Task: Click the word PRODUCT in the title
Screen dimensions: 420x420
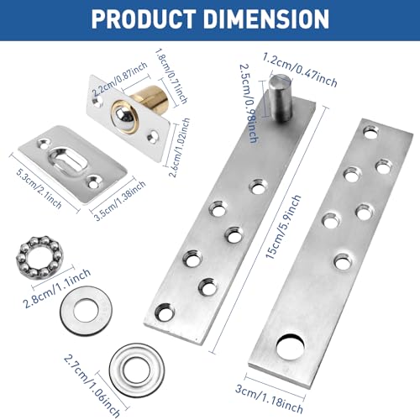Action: pos(144,18)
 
